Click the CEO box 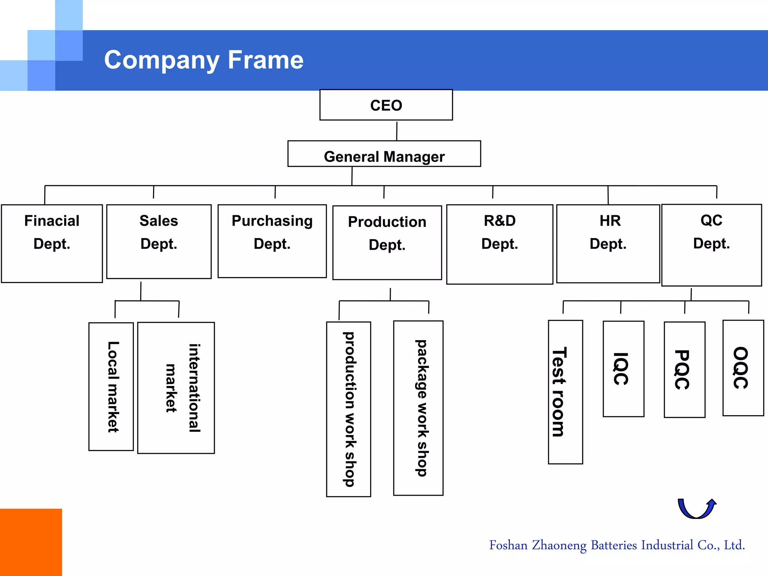[386, 105]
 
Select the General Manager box [384, 154]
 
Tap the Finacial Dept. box [52, 243]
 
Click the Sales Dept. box [159, 241]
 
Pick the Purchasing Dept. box [272, 241]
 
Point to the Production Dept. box [387, 243]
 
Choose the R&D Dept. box [499, 244]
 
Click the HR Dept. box [608, 243]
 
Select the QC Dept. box [711, 245]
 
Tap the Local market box [111, 386]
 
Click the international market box [176, 388]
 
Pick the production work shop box [348, 409]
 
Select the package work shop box [418, 408]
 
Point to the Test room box [565, 392]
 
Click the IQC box [623, 369]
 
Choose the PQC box [684, 369]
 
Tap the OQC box [743, 368]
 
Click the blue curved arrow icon [696, 509]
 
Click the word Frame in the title [265, 60]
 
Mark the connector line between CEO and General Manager [397, 130]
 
